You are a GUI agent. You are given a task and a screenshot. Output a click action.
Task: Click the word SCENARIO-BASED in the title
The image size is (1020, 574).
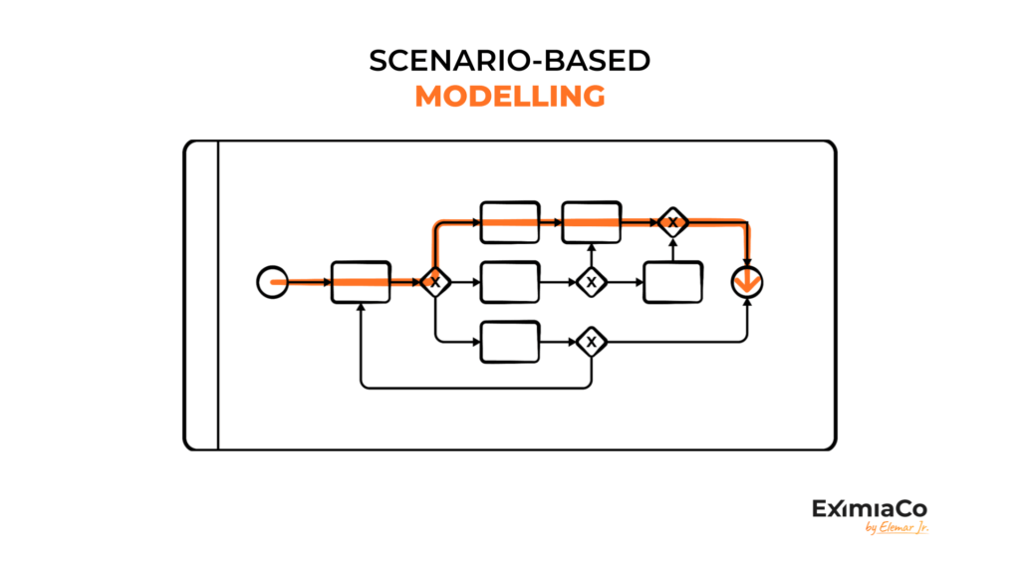point(509,61)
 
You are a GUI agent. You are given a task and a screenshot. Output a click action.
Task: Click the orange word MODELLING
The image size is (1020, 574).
point(510,97)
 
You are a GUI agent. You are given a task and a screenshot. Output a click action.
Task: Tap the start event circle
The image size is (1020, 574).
point(273,282)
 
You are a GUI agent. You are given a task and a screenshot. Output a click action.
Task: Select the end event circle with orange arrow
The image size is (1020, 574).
point(747,282)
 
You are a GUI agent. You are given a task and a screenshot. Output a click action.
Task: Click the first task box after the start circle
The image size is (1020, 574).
point(361,282)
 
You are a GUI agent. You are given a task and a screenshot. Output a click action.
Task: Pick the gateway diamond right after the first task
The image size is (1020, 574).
point(435,282)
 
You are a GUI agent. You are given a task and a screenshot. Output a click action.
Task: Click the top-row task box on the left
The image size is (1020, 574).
point(510,222)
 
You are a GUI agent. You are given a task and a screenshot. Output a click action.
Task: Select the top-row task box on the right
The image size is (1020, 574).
point(592,222)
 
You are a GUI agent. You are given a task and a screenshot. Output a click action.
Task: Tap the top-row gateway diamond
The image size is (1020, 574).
point(672,222)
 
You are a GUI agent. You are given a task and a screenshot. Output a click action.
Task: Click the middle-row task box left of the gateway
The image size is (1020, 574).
point(510,282)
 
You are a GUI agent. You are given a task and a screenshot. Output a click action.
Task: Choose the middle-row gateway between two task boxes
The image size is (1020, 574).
point(592,282)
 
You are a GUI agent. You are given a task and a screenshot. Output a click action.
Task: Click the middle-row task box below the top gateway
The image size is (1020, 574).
point(672,282)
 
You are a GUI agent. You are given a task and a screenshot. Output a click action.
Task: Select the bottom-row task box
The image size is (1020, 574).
point(510,342)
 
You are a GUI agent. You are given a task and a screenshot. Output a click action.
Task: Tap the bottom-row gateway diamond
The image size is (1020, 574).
point(592,342)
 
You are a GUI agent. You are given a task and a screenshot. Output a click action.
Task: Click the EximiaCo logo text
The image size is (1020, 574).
point(870,508)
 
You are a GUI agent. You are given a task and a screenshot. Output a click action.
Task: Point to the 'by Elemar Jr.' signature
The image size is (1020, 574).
point(896,527)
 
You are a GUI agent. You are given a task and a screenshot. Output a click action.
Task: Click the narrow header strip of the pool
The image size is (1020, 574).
point(201,295)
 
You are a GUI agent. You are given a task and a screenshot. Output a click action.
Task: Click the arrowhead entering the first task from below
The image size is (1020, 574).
point(361,307)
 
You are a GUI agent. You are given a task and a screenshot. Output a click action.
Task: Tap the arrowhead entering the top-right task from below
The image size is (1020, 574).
point(592,247)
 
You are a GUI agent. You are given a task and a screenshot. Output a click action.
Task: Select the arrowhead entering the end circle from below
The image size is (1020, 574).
point(747,303)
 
